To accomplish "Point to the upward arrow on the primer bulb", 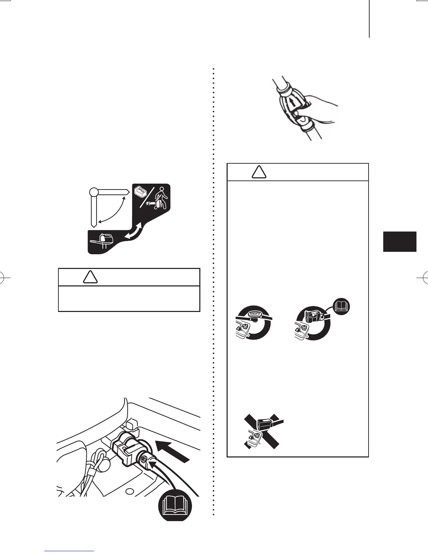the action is tap(291, 104).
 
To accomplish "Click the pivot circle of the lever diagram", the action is tap(93, 192).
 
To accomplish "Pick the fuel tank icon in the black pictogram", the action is tap(141, 192).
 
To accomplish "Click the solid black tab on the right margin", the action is tap(400, 241).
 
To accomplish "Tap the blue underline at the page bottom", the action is tap(70, 551).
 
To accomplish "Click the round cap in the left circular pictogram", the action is tap(253, 314).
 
